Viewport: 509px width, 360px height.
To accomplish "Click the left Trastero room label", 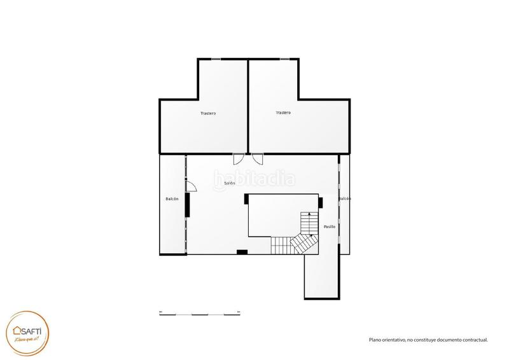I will tap(208, 114).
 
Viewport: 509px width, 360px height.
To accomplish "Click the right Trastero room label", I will tap(283, 113).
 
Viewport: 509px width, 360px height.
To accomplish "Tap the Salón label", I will tap(230, 183).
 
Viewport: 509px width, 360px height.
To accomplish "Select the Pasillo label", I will tap(330, 226).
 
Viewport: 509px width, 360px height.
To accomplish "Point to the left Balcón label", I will tap(172, 200).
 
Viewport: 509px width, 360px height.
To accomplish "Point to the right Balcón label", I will tap(344, 198).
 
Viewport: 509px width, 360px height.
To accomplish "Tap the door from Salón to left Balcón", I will tap(191, 186).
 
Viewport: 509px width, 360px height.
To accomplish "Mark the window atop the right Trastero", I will tap(288, 59).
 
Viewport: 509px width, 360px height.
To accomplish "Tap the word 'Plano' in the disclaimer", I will tap(375, 340).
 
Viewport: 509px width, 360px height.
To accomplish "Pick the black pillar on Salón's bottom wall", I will tap(242, 253).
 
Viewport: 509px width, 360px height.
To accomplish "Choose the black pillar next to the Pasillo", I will tap(321, 203).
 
